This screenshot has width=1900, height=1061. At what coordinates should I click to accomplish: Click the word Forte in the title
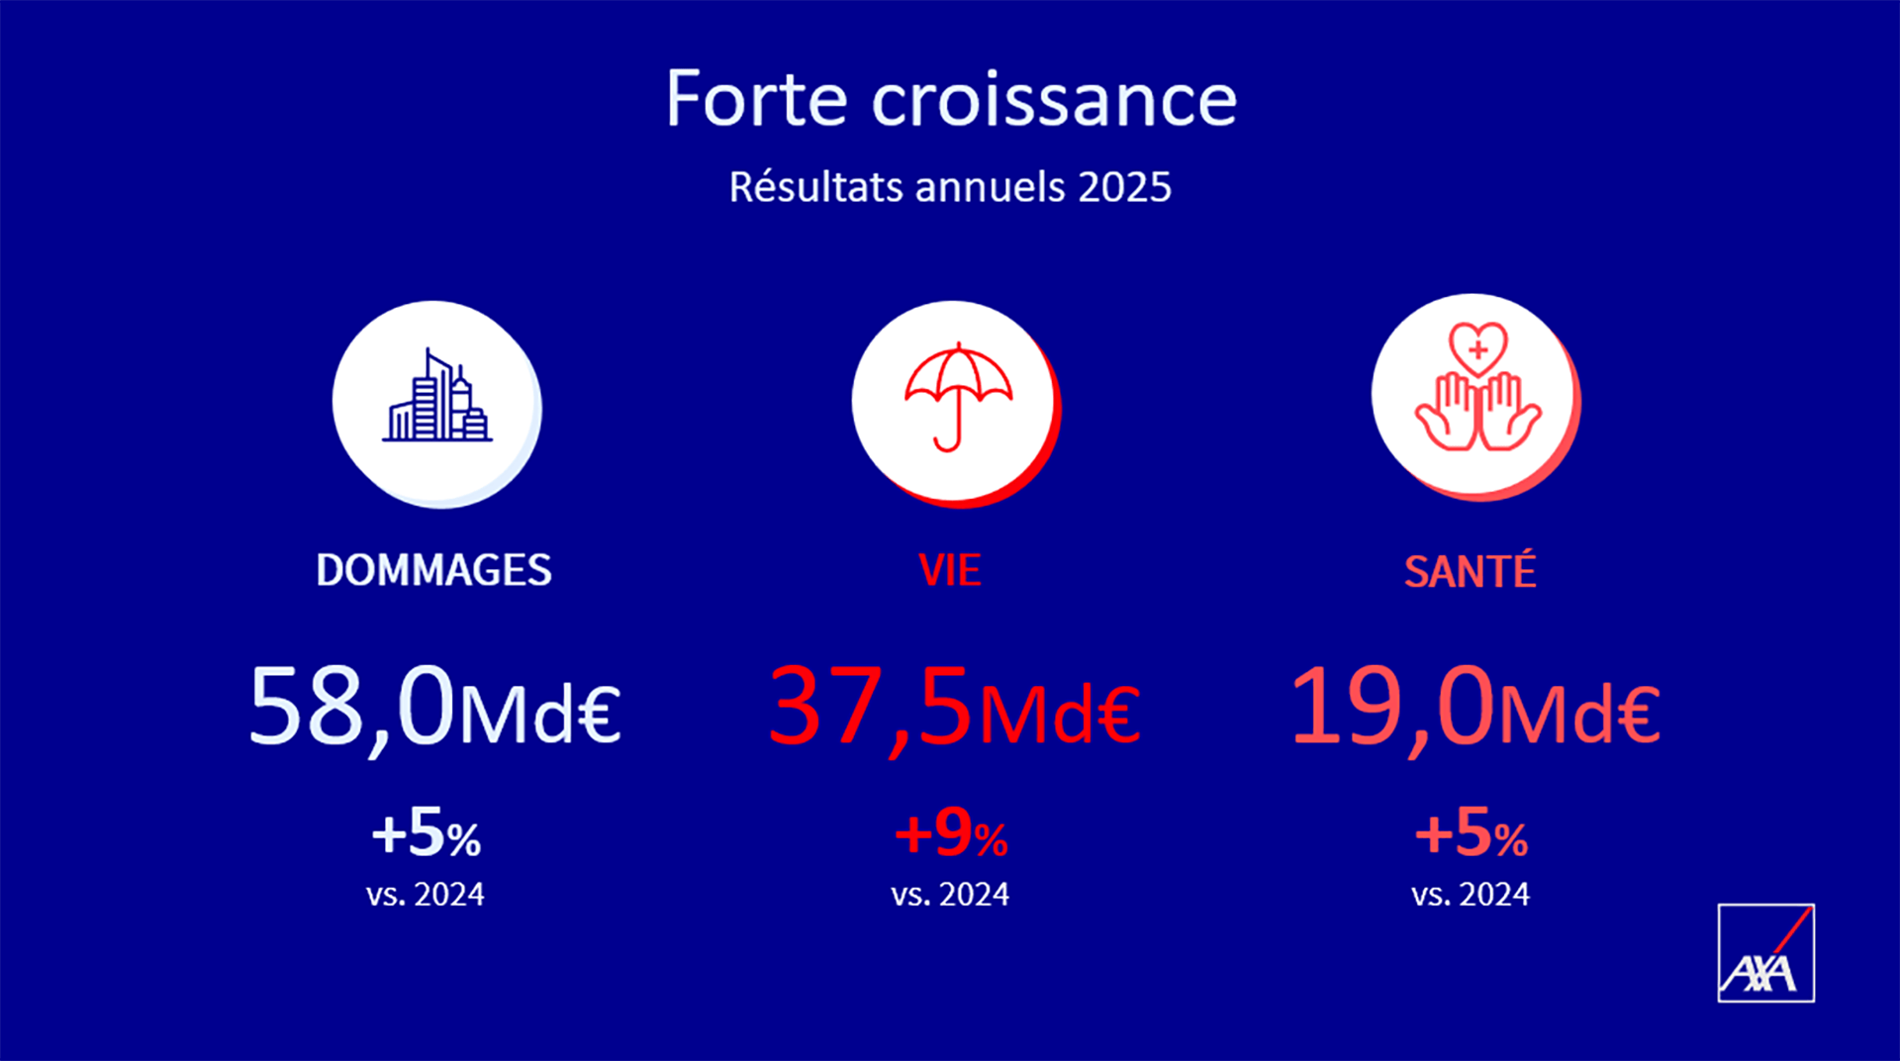[757, 99]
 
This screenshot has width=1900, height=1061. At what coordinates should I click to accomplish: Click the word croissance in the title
[1054, 101]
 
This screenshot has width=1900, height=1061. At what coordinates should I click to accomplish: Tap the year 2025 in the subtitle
[1124, 187]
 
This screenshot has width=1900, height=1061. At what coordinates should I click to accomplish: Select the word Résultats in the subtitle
[815, 186]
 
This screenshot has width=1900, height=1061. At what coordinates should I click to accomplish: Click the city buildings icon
[436, 396]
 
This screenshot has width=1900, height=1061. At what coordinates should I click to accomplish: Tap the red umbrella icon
[958, 396]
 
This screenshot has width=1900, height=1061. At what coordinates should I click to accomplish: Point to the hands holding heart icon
[1477, 387]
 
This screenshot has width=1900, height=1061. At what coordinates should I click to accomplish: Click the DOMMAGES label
[433, 570]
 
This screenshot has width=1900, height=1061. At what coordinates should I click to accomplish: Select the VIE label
[950, 570]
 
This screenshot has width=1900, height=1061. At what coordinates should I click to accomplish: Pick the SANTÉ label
[1471, 570]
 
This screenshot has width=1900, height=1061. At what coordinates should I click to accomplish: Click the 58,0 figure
[351, 707]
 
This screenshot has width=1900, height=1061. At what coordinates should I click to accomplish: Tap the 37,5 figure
[871, 707]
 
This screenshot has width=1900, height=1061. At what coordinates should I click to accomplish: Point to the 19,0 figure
[1393, 707]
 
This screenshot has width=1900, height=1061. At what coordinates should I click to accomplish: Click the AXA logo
[1766, 953]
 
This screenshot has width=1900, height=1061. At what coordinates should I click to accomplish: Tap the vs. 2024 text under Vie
[950, 895]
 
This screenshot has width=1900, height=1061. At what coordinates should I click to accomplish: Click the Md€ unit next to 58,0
[539, 714]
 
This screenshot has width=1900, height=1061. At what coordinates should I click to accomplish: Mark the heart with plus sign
[1477, 348]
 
